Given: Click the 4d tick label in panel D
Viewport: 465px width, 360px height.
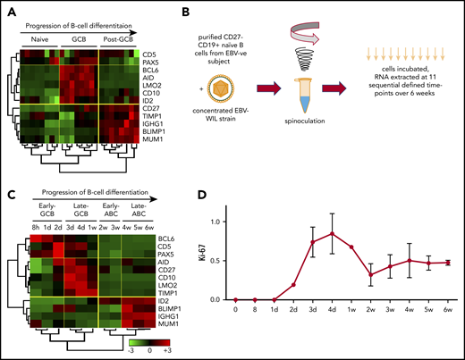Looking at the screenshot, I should (x=309, y=337).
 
